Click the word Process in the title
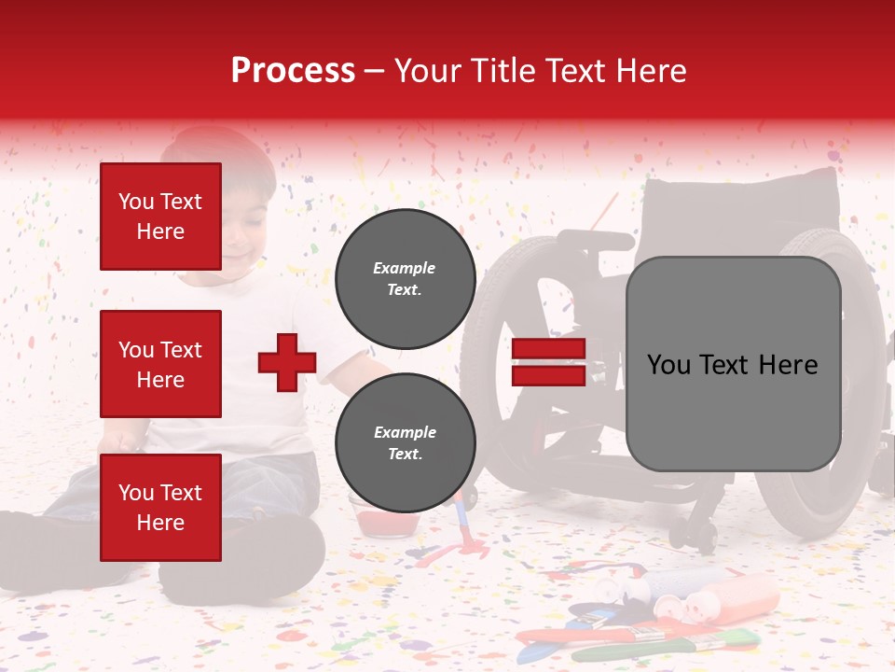(293, 71)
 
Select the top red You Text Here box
(160, 217)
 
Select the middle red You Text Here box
(160, 364)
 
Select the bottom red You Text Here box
(160, 507)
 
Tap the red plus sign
(287, 362)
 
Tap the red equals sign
(548, 362)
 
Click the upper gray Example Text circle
(405, 278)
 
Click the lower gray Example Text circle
(405, 442)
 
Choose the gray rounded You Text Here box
(733, 364)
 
